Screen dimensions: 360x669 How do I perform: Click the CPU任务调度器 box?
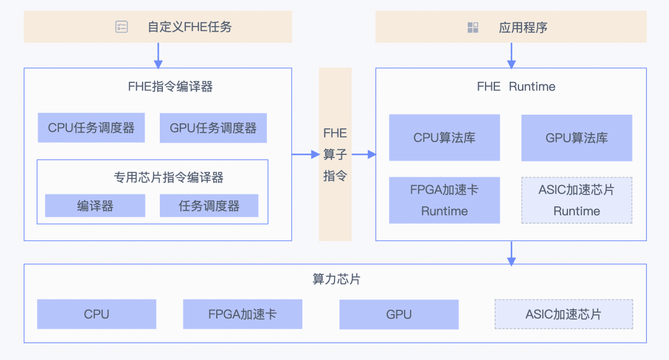pyautogui.click(x=91, y=128)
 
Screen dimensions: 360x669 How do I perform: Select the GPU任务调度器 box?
pyautogui.click(x=213, y=128)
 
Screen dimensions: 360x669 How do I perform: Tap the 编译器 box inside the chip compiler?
pyautogui.click(x=95, y=206)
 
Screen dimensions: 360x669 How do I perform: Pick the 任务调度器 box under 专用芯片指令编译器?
pyautogui.click(x=209, y=206)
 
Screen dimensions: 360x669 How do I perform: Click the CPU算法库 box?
pyautogui.click(x=444, y=138)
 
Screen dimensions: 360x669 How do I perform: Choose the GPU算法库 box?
pyautogui.click(x=577, y=138)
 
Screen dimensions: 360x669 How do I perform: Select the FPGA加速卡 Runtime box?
pyautogui.click(x=444, y=200)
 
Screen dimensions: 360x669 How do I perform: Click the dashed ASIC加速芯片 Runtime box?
pyautogui.click(x=577, y=200)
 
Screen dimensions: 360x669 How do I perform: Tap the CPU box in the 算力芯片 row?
pyautogui.click(x=97, y=314)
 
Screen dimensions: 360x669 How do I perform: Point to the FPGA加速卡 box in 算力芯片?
pyautogui.click(x=243, y=314)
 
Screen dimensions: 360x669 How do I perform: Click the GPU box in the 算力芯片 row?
pyautogui.click(x=399, y=314)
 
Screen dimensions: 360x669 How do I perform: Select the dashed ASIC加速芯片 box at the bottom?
pyautogui.click(x=564, y=314)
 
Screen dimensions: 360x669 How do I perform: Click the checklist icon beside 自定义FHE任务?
pyautogui.click(x=121, y=27)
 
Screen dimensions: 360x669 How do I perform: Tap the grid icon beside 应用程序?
pyautogui.click(x=473, y=27)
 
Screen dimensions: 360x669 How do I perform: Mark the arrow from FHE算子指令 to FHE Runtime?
pyautogui.click(x=364, y=154)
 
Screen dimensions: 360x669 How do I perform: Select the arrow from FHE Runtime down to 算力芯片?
pyautogui.click(x=511, y=253)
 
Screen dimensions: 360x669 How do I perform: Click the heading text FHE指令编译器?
pyautogui.click(x=170, y=87)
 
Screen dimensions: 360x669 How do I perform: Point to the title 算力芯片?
pyautogui.click(x=336, y=279)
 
